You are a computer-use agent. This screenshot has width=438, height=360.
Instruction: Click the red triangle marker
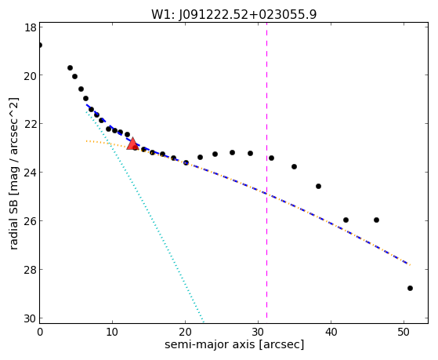pos(132,144)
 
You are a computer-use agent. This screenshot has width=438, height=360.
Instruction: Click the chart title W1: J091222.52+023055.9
pos(234,14)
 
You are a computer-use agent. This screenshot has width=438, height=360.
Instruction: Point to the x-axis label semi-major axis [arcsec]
pos(234,344)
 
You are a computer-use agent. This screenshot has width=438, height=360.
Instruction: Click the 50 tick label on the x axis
pos(404,332)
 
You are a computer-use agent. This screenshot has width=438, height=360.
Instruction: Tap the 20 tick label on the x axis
pos(185,332)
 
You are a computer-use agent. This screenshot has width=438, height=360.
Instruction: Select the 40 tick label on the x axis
pos(331,332)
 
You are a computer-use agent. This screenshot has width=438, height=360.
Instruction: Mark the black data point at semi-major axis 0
pos(40,45)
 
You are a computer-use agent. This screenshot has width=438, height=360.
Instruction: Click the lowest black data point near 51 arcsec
pos(410,288)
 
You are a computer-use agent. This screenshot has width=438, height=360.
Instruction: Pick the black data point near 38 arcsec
pos(318,187)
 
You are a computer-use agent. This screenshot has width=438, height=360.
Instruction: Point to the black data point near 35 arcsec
pos(294,167)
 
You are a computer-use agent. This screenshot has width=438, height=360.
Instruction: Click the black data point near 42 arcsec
pos(346,220)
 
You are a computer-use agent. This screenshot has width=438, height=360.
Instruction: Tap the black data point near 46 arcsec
pos(376,220)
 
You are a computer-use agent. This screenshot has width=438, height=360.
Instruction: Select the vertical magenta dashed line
pos(266,170)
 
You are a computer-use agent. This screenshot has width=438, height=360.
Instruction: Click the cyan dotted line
pos(145,216)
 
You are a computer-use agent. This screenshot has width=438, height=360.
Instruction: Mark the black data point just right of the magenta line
pos(271,158)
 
